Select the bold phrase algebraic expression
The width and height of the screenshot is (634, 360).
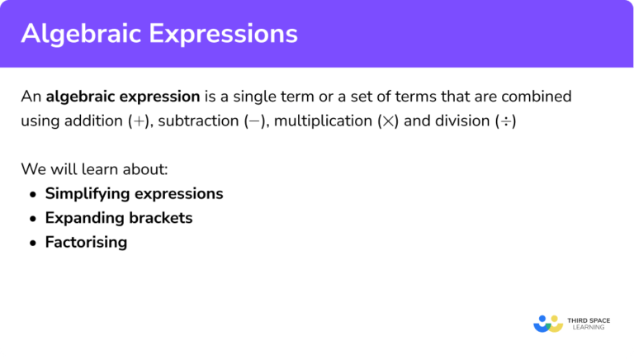[123, 97]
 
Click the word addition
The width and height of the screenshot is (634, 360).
[93, 121]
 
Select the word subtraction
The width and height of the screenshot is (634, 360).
[199, 121]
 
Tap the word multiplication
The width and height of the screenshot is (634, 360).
[324, 121]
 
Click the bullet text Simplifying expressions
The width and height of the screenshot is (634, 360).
[134, 194]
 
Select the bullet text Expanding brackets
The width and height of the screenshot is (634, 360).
[119, 218]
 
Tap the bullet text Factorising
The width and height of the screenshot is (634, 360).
[86, 242]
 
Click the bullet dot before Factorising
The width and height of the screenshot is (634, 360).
[32, 243]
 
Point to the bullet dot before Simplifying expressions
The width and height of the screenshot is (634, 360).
[32, 195]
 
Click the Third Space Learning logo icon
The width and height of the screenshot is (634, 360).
[548, 323]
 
